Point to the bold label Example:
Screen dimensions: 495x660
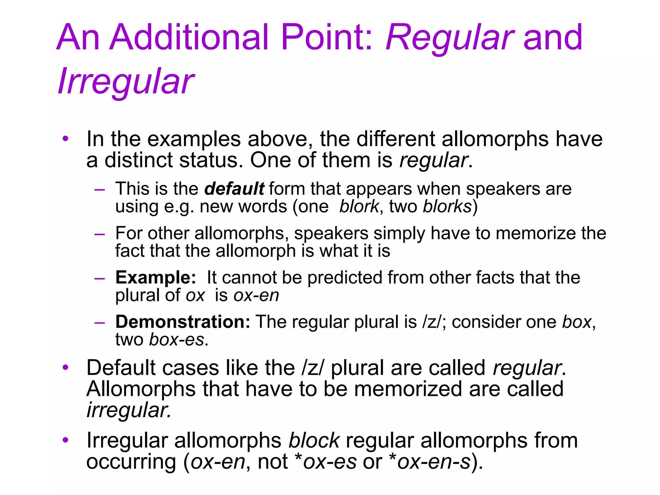(156, 277)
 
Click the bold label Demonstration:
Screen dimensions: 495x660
(183, 322)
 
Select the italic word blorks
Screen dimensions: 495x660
(447, 206)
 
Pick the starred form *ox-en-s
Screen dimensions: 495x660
(430, 461)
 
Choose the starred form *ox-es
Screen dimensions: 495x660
(326, 461)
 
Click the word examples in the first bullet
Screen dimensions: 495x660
(194, 139)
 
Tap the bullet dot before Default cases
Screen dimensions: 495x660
(66, 367)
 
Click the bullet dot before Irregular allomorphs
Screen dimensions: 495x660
(66, 440)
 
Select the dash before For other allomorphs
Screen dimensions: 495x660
(100, 234)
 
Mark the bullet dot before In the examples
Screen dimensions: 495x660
(66, 139)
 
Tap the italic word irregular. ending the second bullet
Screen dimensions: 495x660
(129, 410)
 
